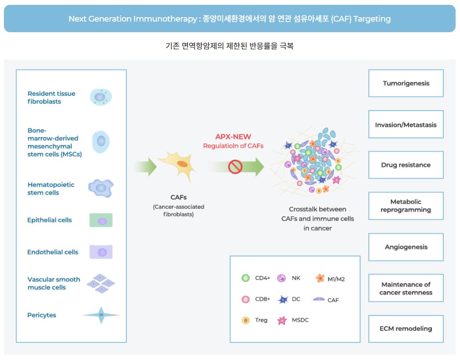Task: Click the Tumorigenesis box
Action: pyautogui.click(x=405, y=83)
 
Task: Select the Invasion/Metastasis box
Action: pyautogui.click(x=405, y=125)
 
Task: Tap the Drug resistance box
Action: pyautogui.click(x=405, y=165)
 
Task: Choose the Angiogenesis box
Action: pyautogui.click(x=405, y=247)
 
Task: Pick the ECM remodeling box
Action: pyautogui.click(x=405, y=329)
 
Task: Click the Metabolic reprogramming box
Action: pyautogui.click(x=405, y=206)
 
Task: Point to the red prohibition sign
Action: pyautogui.click(x=236, y=167)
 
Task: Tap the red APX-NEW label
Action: pyautogui.click(x=233, y=137)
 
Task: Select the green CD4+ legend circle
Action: pyautogui.click(x=246, y=278)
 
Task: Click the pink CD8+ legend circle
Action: pyautogui.click(x=246, y=300)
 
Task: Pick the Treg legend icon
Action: pyautogui.click(x=246, y=320)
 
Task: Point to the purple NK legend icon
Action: pyautogui.click(x=282, y=278)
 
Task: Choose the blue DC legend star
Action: pyautogui.click(x=283, y=300)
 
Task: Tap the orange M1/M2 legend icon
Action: pyautogui.click(x=320, y=278)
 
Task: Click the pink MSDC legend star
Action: pyautogui.click(x=282, y=321)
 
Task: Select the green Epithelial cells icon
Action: pyautogui.click(x=101, y=220)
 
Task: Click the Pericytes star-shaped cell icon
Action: pyautogui.click(x=101, y=315)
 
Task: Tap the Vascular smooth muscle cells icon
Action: pyautogui.click(x=101, y=283)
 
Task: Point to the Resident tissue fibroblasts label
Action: pyautogui.click(x=52, y=97)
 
